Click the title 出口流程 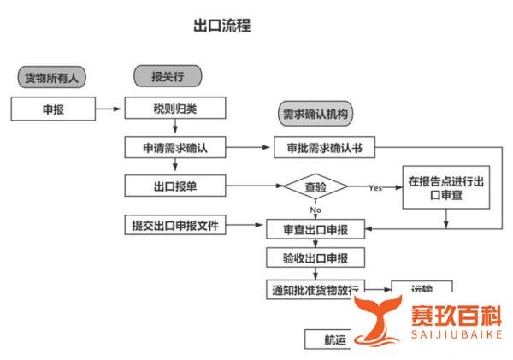[x=222, y=26]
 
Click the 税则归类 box [x=175, y=109]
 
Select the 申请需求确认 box [x=175, y=147]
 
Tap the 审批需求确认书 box [x=326, y=147]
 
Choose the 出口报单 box [x=175, y=186]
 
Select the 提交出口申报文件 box [x=175, y=226]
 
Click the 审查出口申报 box [x=315, y=228]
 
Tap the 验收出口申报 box [x=315, y=258]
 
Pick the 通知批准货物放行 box [x=315, y=289]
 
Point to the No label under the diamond [x=315, y=210]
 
